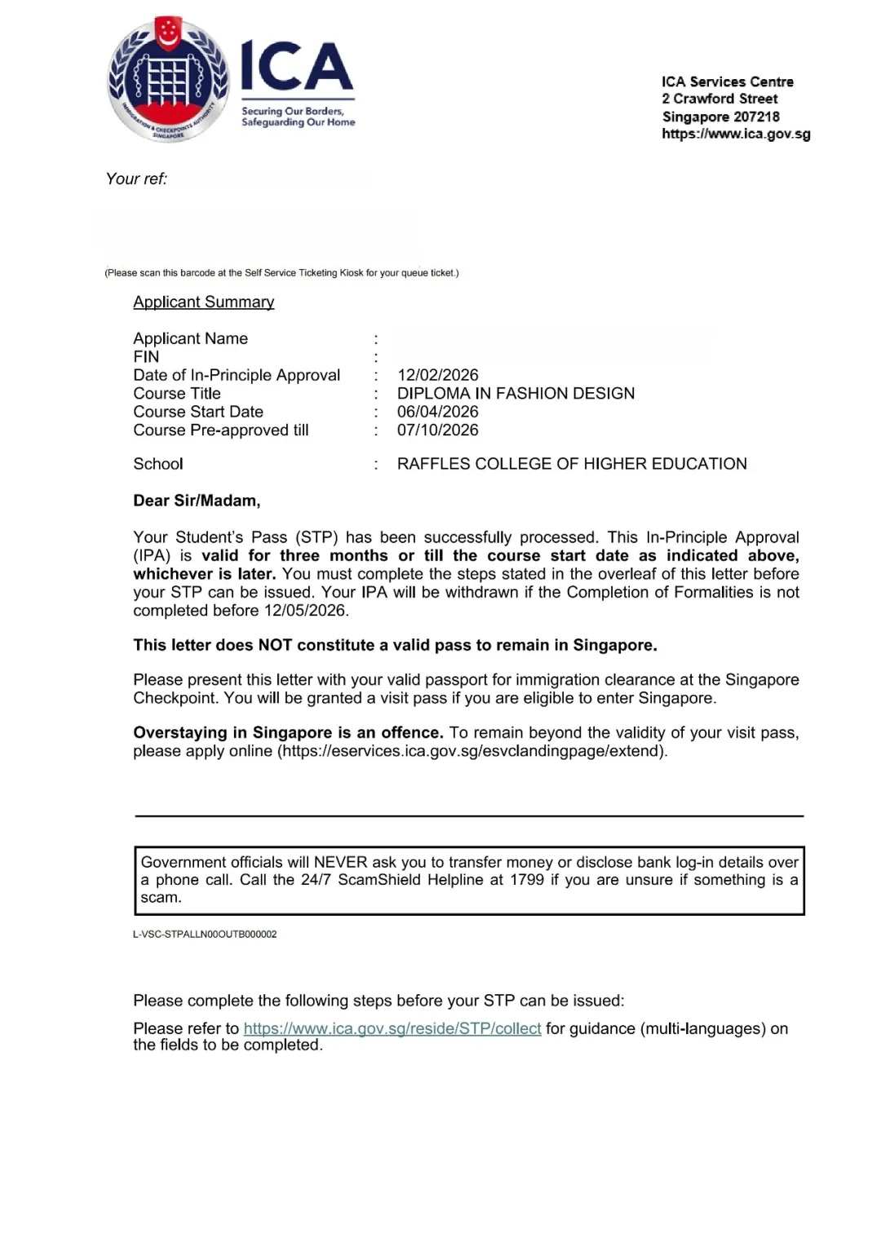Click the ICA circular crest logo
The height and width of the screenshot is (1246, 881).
coord(169,80)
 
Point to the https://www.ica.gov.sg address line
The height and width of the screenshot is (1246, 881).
coord(736,134)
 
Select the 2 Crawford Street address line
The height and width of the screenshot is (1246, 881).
coord(719,99)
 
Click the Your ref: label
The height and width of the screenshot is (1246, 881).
coord(136,179)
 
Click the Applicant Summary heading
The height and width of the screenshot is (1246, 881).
coord(204,302)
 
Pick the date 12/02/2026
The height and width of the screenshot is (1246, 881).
coord(438,375)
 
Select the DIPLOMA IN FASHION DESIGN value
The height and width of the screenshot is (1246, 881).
coord(516,393)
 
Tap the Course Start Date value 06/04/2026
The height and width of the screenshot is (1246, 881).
coord(438,412)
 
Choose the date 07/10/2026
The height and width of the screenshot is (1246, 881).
coord(438,430)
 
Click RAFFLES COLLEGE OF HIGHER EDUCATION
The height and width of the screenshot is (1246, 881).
coord(572,464)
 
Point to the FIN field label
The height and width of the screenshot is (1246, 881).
coord(146,356)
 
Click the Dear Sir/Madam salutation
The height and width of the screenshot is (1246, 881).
coord(197,501)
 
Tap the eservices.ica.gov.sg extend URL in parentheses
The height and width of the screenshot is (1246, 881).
coord(472,751)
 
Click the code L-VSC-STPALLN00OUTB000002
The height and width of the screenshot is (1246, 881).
coord(205,934)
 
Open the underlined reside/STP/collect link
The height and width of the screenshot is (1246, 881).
coord(392,1029)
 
